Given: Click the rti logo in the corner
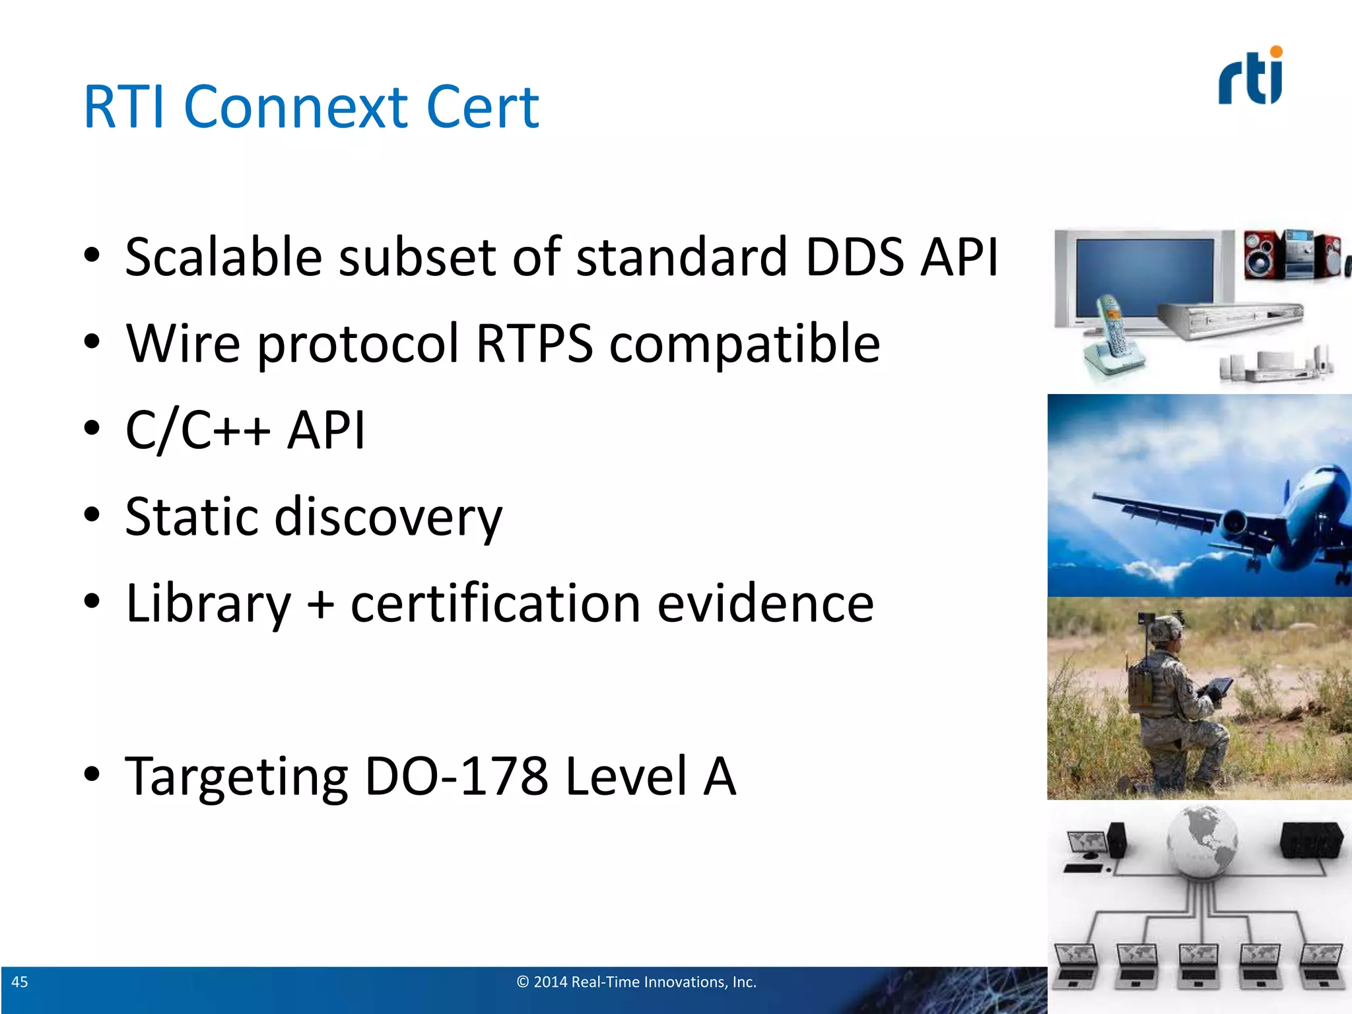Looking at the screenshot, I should coord(1250,78).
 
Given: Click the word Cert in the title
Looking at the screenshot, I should coord(483,107).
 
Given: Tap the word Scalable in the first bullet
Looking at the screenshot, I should coord(223,257).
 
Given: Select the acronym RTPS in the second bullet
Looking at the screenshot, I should coord(534,343).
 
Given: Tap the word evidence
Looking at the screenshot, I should coord(765,603).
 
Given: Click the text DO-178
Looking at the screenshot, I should coord(456,776).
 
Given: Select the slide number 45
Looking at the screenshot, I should coord(20,982).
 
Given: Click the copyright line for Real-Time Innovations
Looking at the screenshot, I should coord(636,982).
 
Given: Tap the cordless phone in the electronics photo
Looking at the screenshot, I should coord(1112,337).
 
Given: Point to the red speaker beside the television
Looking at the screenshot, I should coord(1262,255).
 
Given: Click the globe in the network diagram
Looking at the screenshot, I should coord(1201,842).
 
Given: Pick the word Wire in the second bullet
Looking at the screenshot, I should coord(183,343).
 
